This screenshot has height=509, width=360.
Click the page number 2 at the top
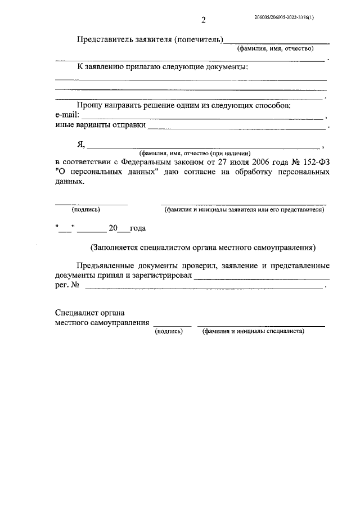[203, 21]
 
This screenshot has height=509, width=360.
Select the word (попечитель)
[199, 39]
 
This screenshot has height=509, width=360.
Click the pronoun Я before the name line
[81, 144]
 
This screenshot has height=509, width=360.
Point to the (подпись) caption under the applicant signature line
[85, 210]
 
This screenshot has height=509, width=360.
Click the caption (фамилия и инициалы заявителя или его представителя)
[244, 210]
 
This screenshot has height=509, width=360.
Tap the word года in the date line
[138, 228]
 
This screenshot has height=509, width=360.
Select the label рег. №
[67, 286]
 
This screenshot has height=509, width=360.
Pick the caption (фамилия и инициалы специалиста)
[253, 331]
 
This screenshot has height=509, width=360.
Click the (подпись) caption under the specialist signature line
[169, 331]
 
